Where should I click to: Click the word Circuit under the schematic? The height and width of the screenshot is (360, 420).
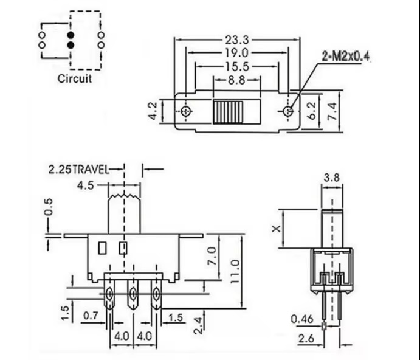click(x=75, y=78)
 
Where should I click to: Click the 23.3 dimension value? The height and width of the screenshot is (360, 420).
click(x=237, y=40)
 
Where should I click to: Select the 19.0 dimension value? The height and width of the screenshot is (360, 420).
click(x=237, y=54)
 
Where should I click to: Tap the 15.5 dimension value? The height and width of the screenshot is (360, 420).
click(x=237, y=66)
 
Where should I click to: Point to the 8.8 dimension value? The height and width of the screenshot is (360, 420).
click(x=236, y=79)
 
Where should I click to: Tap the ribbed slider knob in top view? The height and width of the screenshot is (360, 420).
click(x=228, y=112)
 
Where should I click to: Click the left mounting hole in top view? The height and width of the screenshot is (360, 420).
click(x=186, y=111)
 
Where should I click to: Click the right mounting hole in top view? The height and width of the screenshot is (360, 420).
click(x=288, y=111)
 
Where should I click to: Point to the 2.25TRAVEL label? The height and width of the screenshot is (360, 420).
click(x=78, y=170)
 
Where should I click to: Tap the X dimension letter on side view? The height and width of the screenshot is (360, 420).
click(x=275, y=229)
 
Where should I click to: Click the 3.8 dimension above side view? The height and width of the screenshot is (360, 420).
click(x=331, y=178)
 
